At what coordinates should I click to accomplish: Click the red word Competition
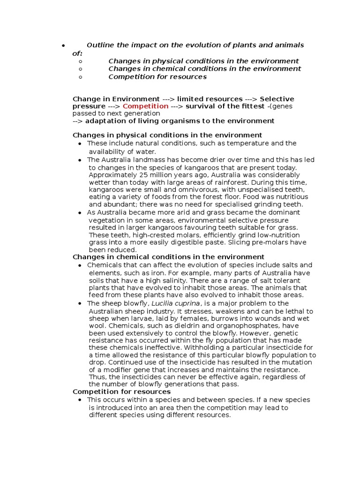tap(145, 106)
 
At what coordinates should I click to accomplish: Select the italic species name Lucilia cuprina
tap(161, 303)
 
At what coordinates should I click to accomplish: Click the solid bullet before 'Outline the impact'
tap(62, 46)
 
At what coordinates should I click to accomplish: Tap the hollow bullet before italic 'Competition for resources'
tap(81, 77)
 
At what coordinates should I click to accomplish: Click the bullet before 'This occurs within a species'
tap(81, 400)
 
